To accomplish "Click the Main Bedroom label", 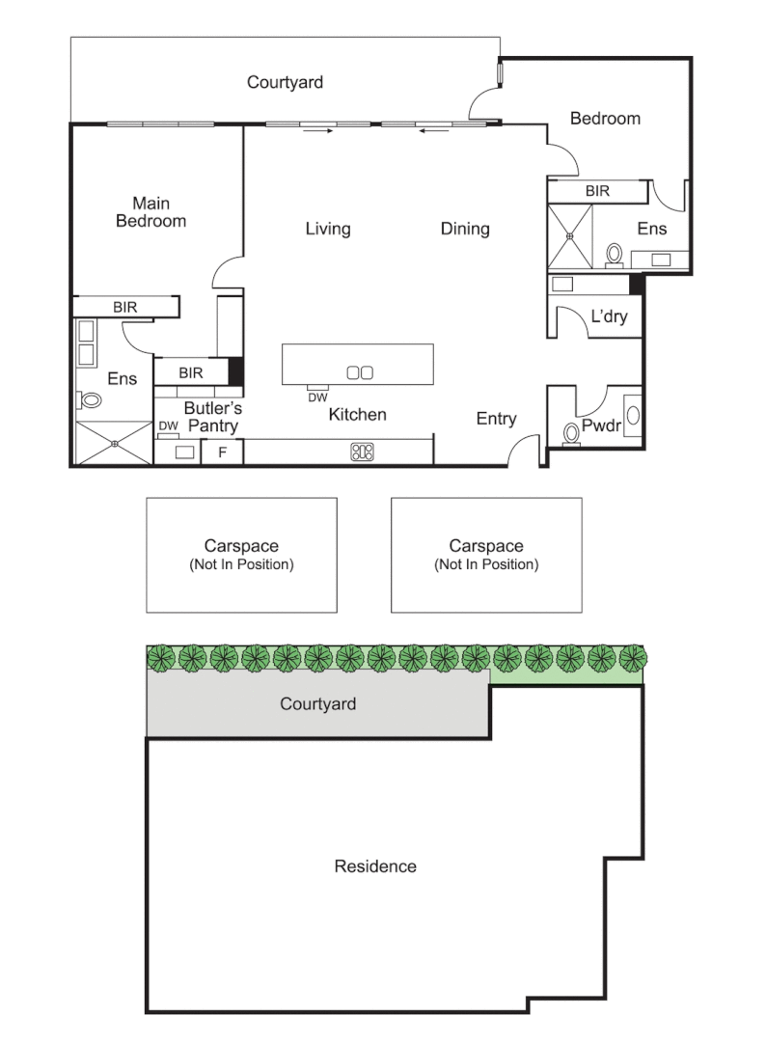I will click(x=150, y=212).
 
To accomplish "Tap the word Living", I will click(x=328, y=229).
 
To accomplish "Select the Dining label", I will click(x=465, y=229).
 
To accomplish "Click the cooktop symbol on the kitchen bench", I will click(x=363, y=451).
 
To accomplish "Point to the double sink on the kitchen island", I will click(x=360, y=371).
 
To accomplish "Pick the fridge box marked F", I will click(x=222, y=452).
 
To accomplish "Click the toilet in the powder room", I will click(x=571, y=433).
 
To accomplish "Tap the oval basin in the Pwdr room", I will click(x=633, y=416).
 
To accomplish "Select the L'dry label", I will click(x=609, y=316).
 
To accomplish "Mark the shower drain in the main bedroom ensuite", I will click(x=114, y=444).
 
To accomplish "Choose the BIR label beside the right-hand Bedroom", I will click(x=597, y=191).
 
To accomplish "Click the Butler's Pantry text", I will click(x=213, y=417).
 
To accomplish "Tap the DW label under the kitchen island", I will click(x=317, y=397).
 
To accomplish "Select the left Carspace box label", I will click(x=241, y=554).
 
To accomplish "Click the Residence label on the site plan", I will click(x=375, y=866).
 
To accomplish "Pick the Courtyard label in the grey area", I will click(x=317, y=704).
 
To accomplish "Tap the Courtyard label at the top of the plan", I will click(x=285, y=82).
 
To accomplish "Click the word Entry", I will click(x=496, y=419).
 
